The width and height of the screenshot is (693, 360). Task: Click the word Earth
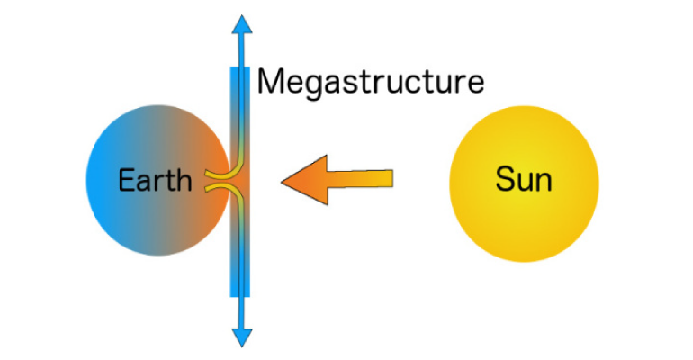[x=156, y=181]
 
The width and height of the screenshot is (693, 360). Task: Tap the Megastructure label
[x=371, y=83]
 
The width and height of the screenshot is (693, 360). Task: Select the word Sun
[x=524, y=181]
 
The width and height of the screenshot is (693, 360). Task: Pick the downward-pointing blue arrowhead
[x=241, y=335]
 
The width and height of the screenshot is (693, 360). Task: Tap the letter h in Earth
[x=184, y=181]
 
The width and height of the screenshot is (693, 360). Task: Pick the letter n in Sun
[x=543, y=183]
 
